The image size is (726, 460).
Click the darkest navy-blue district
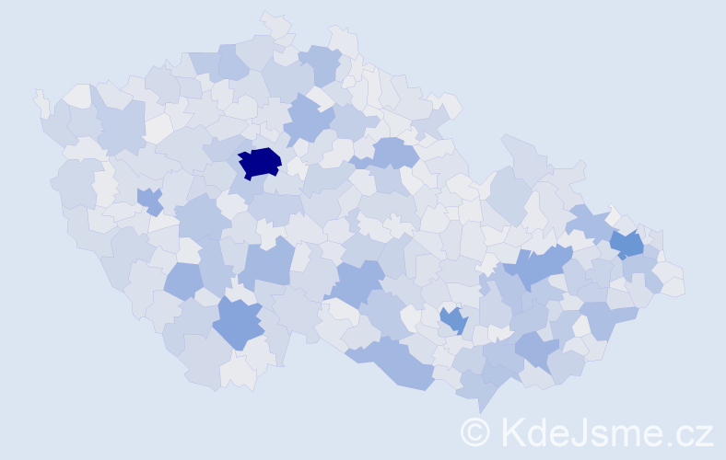(259, 162)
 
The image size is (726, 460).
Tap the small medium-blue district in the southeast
(453, 319)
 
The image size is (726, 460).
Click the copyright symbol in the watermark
(475, 431)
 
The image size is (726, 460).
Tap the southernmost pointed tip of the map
(480, 410)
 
